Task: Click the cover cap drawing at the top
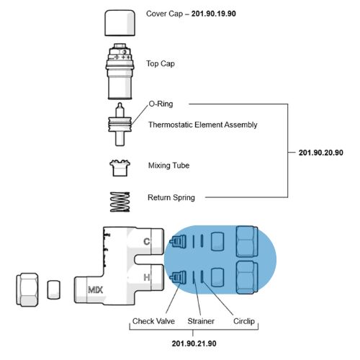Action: pos(120,23)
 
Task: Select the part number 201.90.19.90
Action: pos(214,14)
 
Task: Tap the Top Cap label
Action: pos(161,64)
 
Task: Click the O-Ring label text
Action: pos(161,104)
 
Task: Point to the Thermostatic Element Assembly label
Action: pos(203,125)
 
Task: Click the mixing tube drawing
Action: pos(120,168)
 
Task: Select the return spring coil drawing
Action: pos(120,202)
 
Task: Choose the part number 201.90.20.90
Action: pos(321,153)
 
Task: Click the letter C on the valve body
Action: pos(146,241)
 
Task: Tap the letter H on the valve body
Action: pos(147,277)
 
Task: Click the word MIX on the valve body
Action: pos(95,290)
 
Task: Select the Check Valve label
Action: pos(153,321)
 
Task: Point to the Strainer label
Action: pos(201,321)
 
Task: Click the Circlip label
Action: pos(244,321)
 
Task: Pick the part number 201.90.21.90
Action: pos(194,343)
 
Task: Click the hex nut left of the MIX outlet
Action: pos(27,289)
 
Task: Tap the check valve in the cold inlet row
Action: pos(178,241)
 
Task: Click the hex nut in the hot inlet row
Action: pos(247,277)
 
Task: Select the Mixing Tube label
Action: pos(168,166)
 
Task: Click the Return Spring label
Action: pos(171,198)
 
